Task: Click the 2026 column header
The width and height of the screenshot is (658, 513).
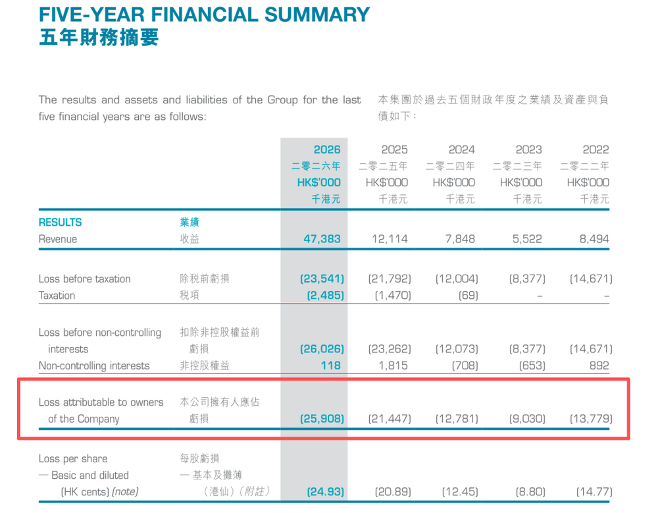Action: [x=327, y=149]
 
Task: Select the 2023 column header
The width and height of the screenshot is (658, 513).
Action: [x=529, y=149]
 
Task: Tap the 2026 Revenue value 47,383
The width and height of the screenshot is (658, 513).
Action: [x=322, y=239]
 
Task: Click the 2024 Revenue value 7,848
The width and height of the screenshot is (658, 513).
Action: [x=460, y=239]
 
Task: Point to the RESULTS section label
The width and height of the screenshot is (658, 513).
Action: [x=60, y=223]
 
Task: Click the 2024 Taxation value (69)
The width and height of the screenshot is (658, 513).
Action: [x=468, y=296]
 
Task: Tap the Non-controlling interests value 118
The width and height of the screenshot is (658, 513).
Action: [x=331, y=365]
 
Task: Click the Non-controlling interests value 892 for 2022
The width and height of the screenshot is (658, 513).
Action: [x=599, y=365]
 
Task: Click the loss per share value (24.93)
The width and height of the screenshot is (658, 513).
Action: [x=325, y=491]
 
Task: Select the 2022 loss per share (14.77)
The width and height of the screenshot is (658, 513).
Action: [x=594, y=491]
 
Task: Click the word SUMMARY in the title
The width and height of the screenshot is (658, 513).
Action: [x=317, y=14]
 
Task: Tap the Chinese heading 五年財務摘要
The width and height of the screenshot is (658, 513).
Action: [x=99, y=38]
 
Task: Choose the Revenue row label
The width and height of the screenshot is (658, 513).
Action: [x=58, y=239]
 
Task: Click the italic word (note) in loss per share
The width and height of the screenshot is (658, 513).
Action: [x=125, y=491]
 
